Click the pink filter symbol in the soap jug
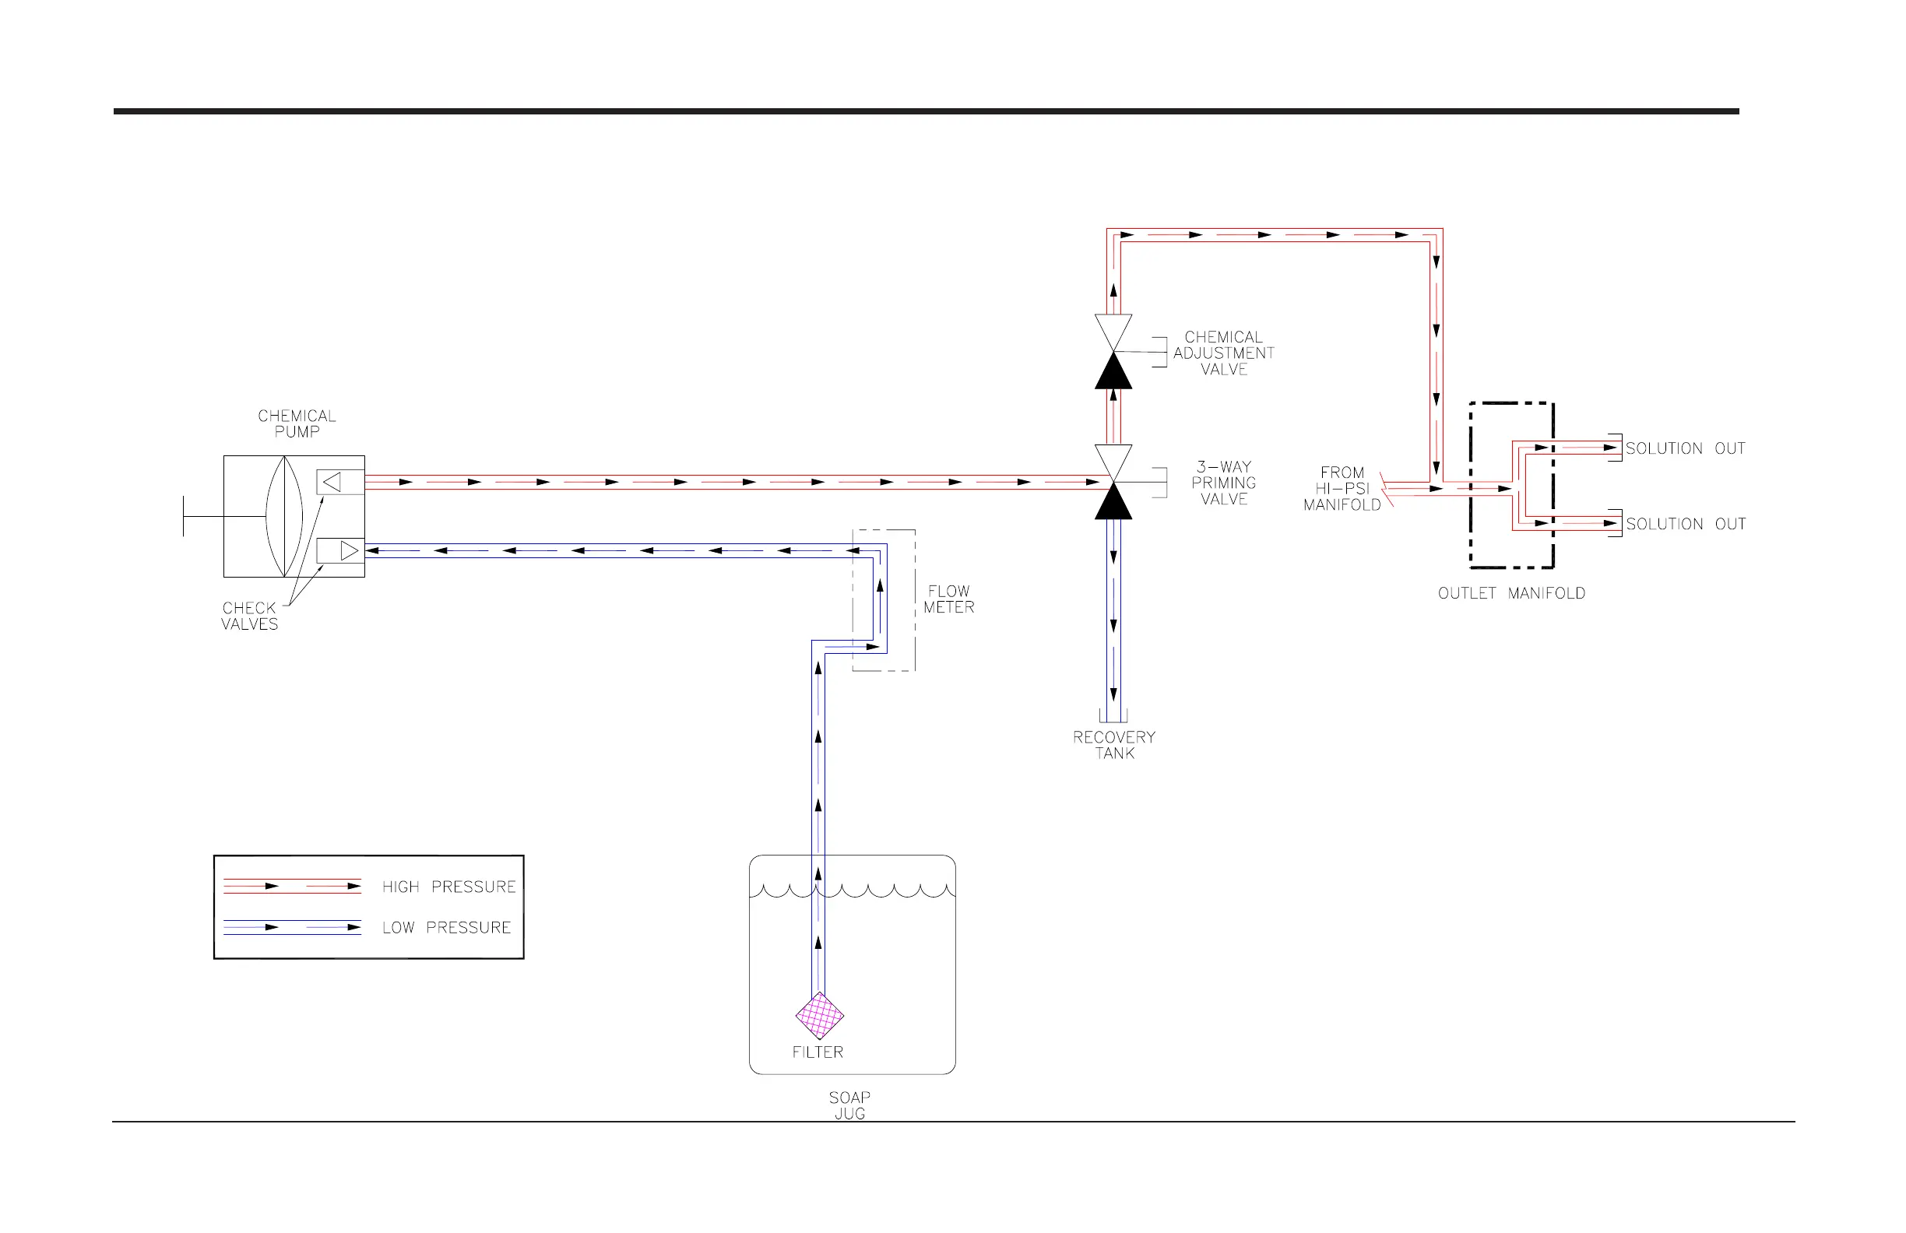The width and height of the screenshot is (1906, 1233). point(819,1016)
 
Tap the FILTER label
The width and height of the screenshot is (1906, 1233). point(818,1052)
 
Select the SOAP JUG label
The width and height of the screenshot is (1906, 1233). point(849,1105)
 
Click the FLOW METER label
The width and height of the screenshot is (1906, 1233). point(948,599)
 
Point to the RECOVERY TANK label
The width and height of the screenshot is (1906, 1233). point(1114,745)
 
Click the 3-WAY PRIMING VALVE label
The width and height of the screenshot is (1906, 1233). point(1223,483)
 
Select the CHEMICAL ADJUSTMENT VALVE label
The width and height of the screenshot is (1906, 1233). point(1223,353)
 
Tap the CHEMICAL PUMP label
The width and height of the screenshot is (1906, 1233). point(297,423)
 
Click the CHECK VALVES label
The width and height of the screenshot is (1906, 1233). point(249,616)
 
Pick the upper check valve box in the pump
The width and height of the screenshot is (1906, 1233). point(339,482)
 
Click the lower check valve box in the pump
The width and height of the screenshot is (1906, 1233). point(339,551)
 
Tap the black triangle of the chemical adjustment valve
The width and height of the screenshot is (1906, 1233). point(1113,373)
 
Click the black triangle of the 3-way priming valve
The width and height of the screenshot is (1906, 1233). point(1113,504)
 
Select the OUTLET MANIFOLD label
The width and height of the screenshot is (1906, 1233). point(1511,593)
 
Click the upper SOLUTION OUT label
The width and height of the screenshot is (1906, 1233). point(1685,448)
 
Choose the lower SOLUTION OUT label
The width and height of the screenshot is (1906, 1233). point(1685,524)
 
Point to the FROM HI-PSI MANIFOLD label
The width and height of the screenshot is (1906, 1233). point(1342,488)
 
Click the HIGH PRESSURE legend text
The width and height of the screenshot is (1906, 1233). point(448,887)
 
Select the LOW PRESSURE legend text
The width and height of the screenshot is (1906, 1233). point(446,927)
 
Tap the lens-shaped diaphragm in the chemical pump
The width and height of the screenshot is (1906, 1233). point(284,516)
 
